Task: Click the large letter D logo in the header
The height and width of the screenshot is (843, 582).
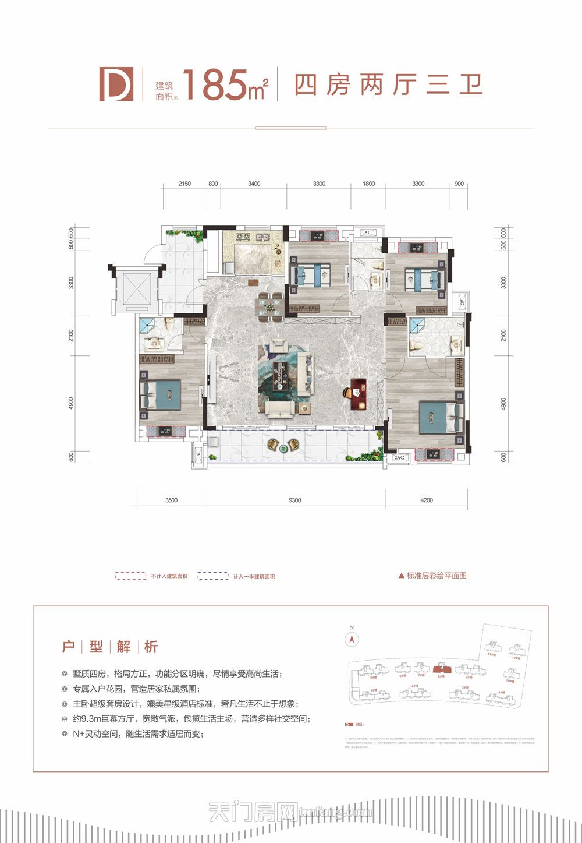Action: (116, 84)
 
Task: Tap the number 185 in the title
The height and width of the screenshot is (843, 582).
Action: (213, 85)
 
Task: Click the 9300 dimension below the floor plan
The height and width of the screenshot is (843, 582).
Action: (294, 500)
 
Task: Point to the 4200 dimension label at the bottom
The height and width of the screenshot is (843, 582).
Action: (427, 500)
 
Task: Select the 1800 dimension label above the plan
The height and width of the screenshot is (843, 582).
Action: (369, 184)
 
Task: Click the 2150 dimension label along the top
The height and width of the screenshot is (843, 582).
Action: (184, 184)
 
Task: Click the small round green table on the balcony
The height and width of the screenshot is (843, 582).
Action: (283, 448)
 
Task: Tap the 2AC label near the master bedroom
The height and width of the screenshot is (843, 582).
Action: (399, 458)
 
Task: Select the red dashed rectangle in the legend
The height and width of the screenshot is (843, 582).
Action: (130, 576)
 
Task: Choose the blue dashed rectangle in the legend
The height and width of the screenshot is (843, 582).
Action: (212, 576)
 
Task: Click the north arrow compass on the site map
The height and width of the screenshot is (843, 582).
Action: (352, 639)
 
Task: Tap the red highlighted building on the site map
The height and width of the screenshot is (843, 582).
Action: (441, 668)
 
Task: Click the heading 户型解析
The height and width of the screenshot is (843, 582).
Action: (109, 647)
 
